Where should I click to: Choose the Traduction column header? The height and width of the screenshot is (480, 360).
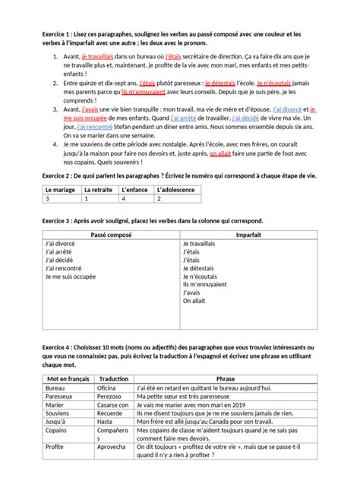tap(113, 377)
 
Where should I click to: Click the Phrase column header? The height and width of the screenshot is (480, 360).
tap(225, 377)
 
